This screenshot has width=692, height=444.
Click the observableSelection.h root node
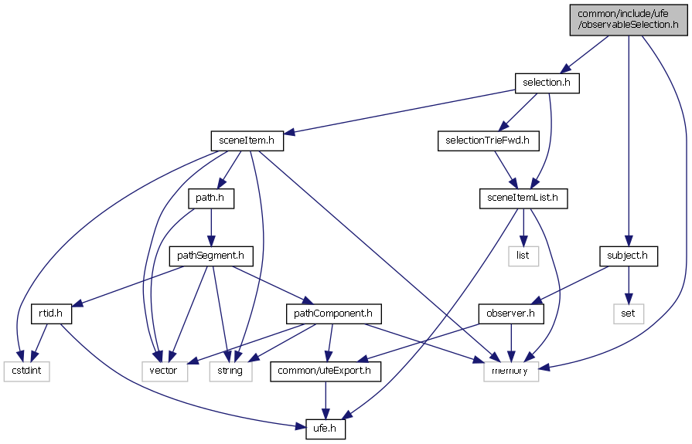coord(627,19)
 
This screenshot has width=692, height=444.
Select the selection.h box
coord(547,82)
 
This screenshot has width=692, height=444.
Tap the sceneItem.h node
coord(247,141)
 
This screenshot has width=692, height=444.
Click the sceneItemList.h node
coord(523,198)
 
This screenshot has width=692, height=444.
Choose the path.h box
coord(211,198)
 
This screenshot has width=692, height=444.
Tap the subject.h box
coord(628,256)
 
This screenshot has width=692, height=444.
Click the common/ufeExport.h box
coord(326,371)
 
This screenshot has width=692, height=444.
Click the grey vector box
coord(163,371)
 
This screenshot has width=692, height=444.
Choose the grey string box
coord(230,371)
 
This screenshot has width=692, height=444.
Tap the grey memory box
coord(510,371)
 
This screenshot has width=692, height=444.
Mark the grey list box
coord(523,256)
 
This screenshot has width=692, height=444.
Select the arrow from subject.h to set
coord(628,284)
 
